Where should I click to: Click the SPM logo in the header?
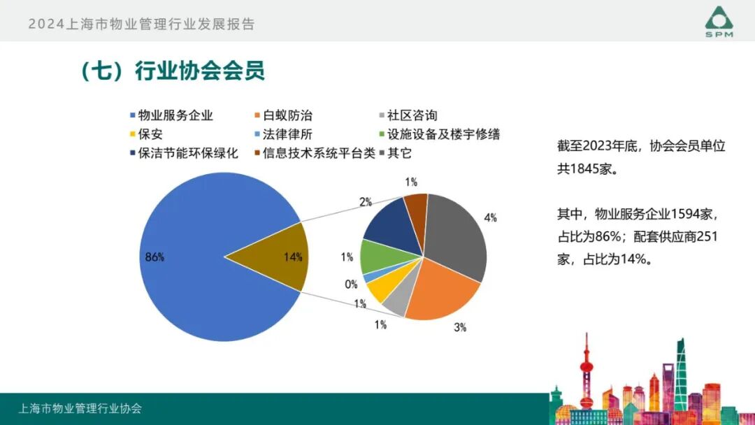point(719,22)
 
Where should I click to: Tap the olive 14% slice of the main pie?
point(276,257)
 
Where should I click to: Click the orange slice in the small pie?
point(440,294)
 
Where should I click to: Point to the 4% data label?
point(491,218)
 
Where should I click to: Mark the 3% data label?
point(459,326)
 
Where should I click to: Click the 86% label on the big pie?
point(154,257)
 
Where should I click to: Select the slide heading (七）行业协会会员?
point(172,71)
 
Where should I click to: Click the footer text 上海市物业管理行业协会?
point(80,409)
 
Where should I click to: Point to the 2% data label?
point(365,203)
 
